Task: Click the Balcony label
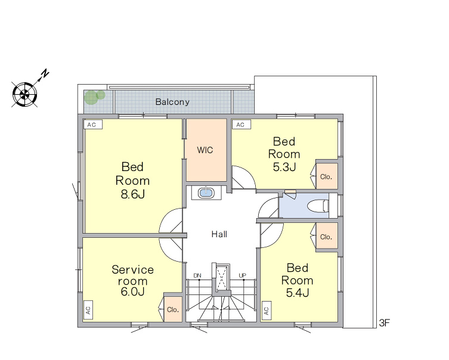pos(172,102)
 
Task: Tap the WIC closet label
pos(205,150)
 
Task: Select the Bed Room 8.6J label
pos(132,180)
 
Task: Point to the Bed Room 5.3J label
pos(284,154)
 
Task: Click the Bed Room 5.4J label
pos(297,281)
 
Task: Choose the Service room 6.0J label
pos(132,281)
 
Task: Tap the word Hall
pos(219,234)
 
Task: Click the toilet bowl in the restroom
pos(318,206)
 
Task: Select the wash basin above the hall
pos(206,193)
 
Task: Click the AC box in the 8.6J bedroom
pos(93,125)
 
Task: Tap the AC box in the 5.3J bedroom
pos(241,125)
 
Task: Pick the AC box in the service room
pos(88,310)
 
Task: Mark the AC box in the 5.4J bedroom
pos(267,310)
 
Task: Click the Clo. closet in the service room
pos(173,309)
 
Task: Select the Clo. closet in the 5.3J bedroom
pos(327,176)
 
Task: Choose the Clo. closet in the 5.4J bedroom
pos(327,237)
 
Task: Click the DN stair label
pos(197,275)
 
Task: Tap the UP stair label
pos(242,275)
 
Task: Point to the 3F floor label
pos(385,323)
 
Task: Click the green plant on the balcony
pos(94,97)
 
